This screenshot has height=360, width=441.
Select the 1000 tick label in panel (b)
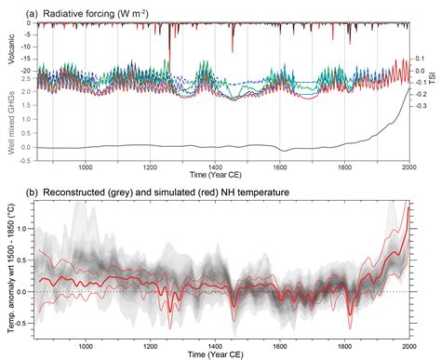[87, 344]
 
